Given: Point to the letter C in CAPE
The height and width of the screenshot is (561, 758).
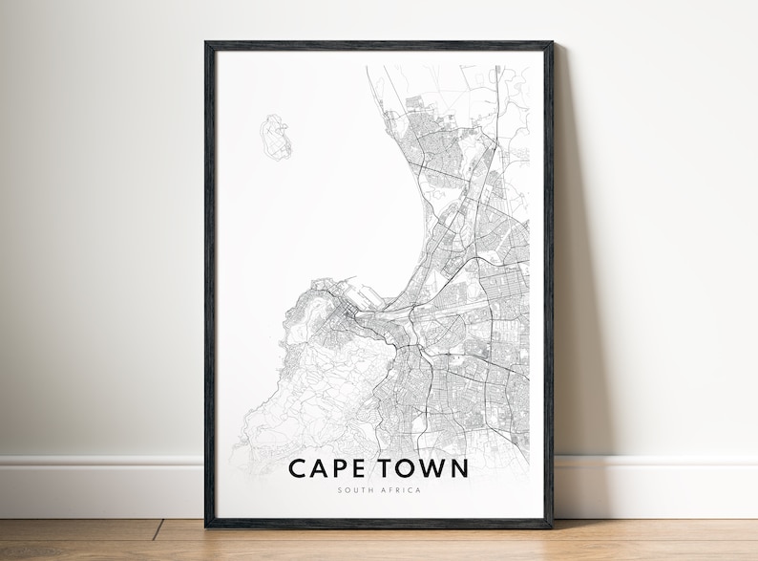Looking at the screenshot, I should [297, 469].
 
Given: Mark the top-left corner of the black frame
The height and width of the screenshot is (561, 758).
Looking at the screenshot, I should [207, 44].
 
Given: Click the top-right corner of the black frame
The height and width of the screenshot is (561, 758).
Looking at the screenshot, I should [551, 44].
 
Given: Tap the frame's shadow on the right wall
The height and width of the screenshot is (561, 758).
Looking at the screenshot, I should [573, 287].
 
